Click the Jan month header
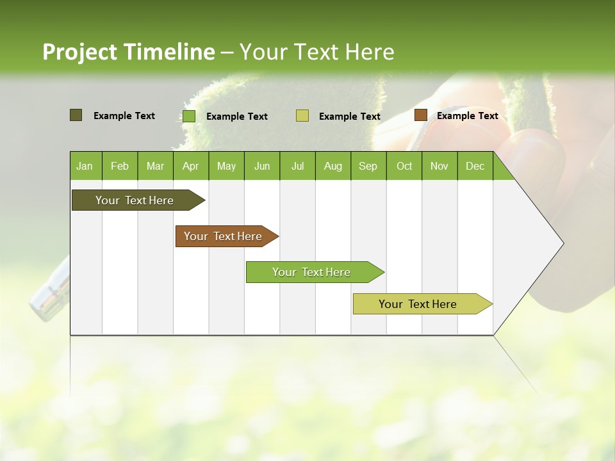[x=85, y=166]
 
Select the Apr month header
[x=190, y=166]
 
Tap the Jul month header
[x=297, y=166]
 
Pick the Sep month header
[x=368, y=166]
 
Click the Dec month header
[x=475, y=166]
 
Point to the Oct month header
[x=404, y=166]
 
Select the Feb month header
[x=120, y=166]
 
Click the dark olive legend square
[x=76, y=115]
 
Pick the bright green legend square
[x=189, y=116]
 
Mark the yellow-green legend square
[x=302, y=115]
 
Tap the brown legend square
[x=420, y=115]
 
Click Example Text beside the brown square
[x=467, y=115]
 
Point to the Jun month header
[x=262, y=166]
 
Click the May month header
[x=226, y=166]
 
